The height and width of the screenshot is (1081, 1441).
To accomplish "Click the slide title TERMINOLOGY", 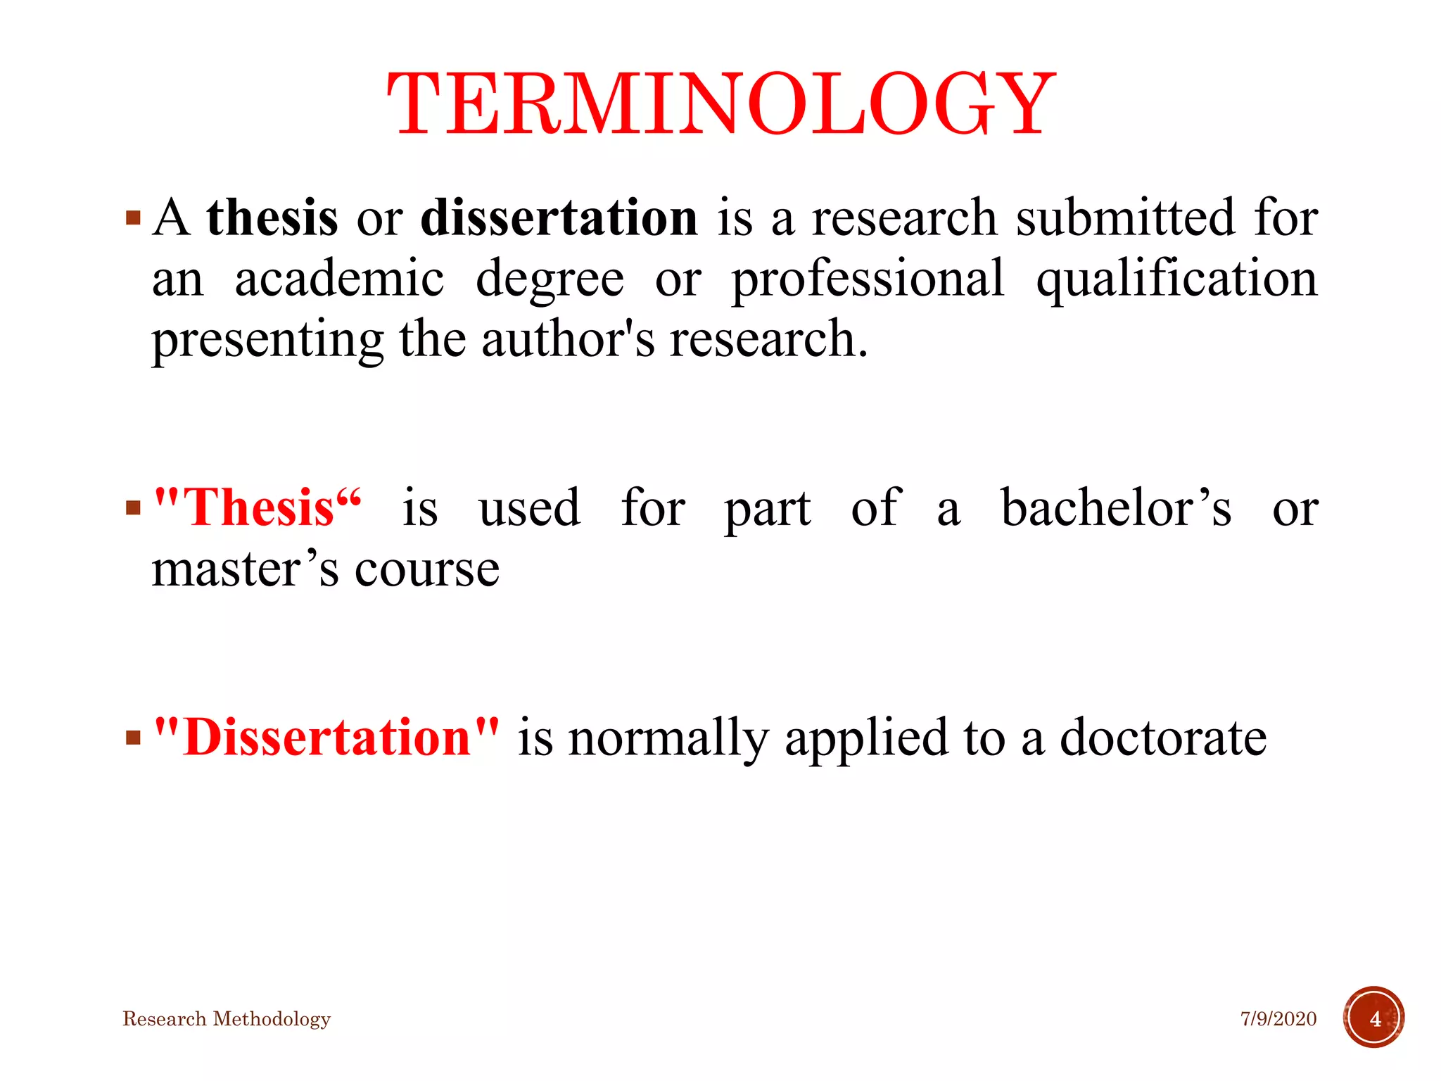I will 720,104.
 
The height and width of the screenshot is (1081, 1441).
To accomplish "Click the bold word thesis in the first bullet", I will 272,217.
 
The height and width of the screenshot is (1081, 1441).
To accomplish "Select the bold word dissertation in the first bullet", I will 559,217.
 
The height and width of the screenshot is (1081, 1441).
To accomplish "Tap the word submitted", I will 1125,217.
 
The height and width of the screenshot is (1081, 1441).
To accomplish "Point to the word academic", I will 339,279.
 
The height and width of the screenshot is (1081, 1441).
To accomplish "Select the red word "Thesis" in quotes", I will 258,507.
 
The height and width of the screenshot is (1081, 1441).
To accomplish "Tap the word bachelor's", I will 1116,507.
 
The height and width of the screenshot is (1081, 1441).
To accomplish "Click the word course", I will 427,570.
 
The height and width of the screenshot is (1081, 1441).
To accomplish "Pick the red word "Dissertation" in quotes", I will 326,738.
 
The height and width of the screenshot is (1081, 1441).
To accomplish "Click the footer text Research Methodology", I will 227,1019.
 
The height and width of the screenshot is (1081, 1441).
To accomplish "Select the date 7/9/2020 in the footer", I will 1278,1019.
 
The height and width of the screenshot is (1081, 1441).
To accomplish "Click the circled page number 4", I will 1374,1018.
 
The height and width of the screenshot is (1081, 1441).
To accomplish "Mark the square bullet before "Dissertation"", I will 133,738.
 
